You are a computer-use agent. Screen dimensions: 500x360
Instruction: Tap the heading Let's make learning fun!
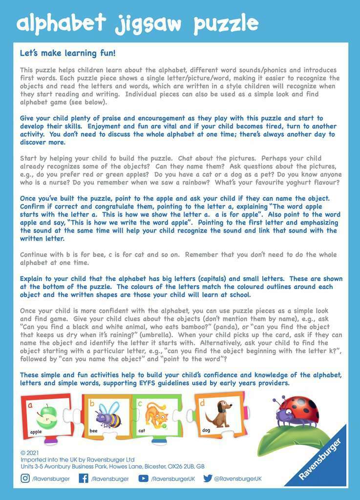(x=67, y=53)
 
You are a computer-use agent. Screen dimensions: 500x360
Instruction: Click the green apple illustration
(x=48, y=416)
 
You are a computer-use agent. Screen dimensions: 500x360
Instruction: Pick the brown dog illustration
(x=218, y=414)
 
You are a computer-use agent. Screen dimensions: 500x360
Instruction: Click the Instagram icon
(x=25, y=479)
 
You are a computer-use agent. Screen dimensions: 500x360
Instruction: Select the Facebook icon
(x=84, y=479)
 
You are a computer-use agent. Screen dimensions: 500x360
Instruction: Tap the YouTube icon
(x=143, y=479)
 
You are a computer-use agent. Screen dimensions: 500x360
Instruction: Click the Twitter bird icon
(x=208, y=479)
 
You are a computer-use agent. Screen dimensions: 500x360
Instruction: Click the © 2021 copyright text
(x=30, y=453)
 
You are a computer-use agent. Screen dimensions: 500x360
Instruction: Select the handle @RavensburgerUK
(x=238, y=479)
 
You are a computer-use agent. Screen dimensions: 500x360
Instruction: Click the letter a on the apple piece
(x=30, y=405)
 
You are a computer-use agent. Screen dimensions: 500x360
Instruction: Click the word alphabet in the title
(x=62, y=23)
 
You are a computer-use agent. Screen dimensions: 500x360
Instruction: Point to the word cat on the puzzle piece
(x=142, y=431)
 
